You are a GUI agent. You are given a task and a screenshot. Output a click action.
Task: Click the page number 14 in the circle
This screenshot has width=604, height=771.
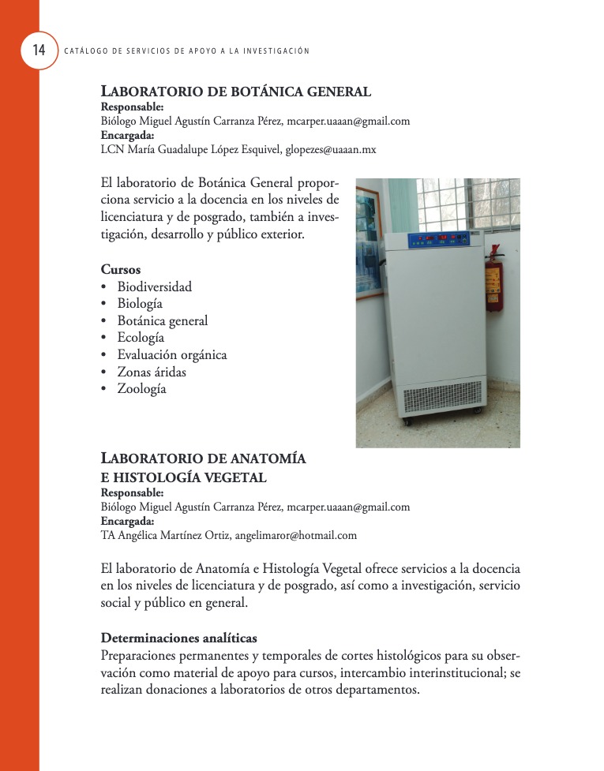pos(39,51)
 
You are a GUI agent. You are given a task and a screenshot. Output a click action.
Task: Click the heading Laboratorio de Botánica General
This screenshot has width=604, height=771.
pos(236,92)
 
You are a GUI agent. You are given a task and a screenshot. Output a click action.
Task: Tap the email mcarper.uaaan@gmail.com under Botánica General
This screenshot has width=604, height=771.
pos(348,121)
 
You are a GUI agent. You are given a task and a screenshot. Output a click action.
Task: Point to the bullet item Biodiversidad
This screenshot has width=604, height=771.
pos(155,286)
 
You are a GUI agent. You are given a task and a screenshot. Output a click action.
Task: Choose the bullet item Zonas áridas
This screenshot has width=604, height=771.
pos(152,372)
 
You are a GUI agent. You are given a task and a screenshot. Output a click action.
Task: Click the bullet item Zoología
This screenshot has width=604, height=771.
pos(142,389)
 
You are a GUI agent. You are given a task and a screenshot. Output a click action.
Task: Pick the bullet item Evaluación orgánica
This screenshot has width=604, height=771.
pos(172,354)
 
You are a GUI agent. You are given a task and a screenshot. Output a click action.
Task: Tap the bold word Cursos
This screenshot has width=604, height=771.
pos(121,269)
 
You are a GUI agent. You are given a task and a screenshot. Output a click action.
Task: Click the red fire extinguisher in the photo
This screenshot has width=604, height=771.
pos(494,280)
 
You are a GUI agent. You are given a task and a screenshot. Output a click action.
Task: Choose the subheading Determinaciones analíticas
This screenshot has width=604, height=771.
pos(179,638)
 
